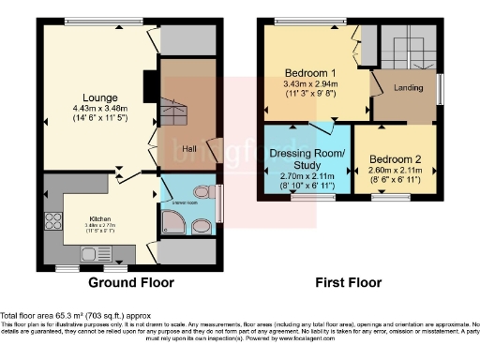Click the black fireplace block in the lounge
pos(148,86)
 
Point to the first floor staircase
pos(411,48)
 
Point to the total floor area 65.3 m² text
pos(74,317)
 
